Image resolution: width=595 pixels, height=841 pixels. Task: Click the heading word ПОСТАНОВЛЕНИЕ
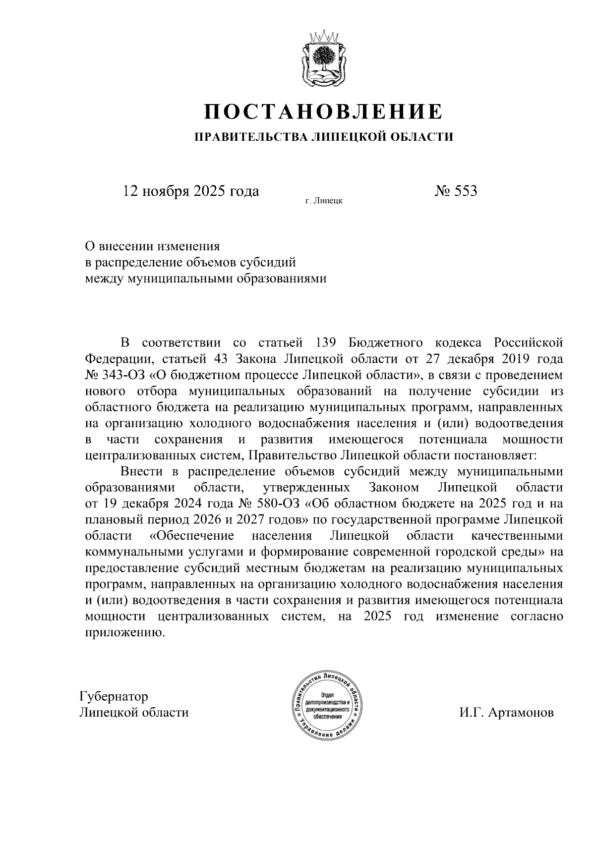tap(323, 112)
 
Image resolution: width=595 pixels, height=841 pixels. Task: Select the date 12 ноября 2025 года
tap(191, 191)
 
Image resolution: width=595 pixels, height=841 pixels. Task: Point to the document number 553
tap(465, 191)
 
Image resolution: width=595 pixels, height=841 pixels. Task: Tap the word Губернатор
tap(114, 696)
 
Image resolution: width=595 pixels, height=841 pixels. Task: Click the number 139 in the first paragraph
tap(326, 342)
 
